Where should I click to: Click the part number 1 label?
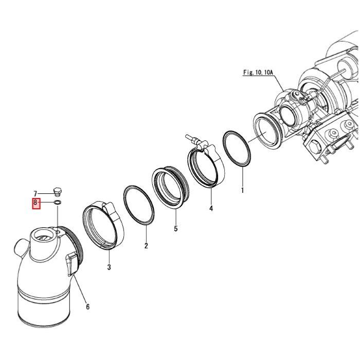[x=242, y=190]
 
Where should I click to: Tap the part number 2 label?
[x=146, y=246]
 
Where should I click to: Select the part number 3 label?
[x=109, y=267]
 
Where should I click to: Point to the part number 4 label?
[x=211, y=208]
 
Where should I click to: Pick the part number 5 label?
[x=176, y=229]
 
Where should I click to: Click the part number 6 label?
[x=88, y=307]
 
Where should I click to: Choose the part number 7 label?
[x=35, y=194]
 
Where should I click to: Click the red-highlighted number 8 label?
[x=36, y=203]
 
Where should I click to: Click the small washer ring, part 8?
[x=58, y=203]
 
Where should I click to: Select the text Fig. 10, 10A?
[x=258, y=73]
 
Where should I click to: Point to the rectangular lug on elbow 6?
[x=71, y=263]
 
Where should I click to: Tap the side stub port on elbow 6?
[x=20, y=247]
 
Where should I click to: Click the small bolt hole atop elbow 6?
[x=58, y=232]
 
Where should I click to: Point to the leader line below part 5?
[x=176, y=216]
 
